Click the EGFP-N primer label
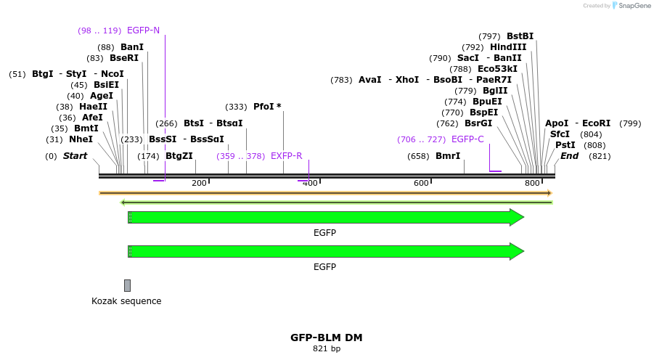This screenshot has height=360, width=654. [x=143, y=30]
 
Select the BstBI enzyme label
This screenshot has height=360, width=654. [x=520, y=36]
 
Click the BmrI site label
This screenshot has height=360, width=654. [x=448, y=156]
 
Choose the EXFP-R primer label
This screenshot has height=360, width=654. [x=286, y=156]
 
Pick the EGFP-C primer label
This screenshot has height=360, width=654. [x=467, y=139]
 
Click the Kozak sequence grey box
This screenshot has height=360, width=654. [x=128, y=285]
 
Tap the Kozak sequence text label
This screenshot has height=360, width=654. [x=126, y=301]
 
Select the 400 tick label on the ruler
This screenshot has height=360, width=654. [x=310, y=183]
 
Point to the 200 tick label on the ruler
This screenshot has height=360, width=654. [x=199, y=183]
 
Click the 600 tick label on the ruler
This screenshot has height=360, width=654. [x=421, y=183]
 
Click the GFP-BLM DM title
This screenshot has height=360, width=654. [x=327, y=337]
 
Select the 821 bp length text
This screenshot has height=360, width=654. [x=327, y=349]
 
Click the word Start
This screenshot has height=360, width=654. [x=75, y=156]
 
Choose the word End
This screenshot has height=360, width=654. [x=569, y=156]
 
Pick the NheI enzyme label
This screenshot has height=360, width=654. [x=81, y=139]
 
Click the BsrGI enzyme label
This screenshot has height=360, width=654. [x=478, y=123]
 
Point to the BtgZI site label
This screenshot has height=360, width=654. [x=179, y=156]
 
